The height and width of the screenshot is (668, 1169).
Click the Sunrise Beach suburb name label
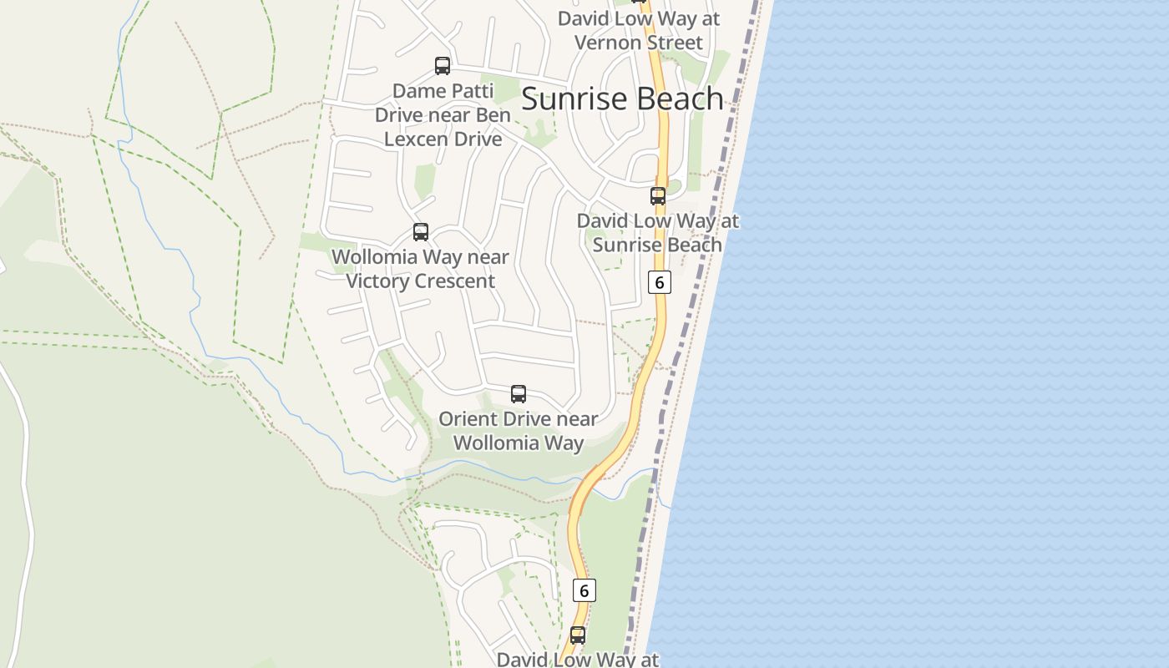click(x=622, y=99)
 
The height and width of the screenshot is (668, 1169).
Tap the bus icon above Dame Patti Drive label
click(x=443, y=65)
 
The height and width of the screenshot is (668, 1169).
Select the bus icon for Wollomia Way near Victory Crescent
click(x=421, y=232)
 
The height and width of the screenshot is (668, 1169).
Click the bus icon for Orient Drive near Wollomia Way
click(x=519, y=393)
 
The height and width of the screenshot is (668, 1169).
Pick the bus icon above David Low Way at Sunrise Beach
click(x=658, y=196)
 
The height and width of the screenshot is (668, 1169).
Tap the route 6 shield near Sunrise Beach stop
click(x=659, y=282)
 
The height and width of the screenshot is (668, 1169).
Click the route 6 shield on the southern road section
click(x=584, y=590)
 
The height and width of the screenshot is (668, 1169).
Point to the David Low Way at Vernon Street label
click(x=639, y=30)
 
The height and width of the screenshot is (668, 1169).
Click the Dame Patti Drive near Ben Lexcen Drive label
click(x=443, y=114)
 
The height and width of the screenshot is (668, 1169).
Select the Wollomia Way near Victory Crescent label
click(x=421, y=269)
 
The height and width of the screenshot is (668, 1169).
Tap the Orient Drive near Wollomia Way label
click(x=519, y=430)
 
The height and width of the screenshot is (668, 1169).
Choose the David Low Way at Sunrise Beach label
click(x=658, y=233)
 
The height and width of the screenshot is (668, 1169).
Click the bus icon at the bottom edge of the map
click(x=577, y=635)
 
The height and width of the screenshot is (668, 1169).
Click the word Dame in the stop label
click(x=416, y=90)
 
